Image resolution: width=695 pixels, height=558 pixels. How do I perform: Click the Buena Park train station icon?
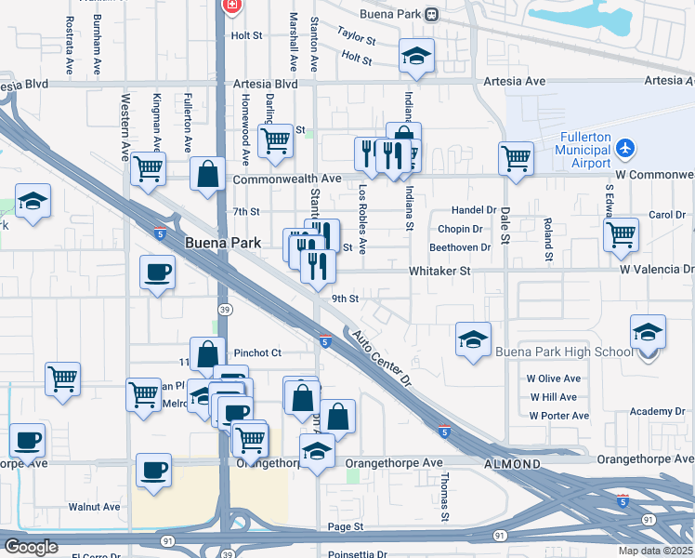click(x=431, y=14)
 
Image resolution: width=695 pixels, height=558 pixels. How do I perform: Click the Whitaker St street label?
click(x=441, y=271)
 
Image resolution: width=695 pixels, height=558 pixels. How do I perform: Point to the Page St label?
click(x=344, y=526)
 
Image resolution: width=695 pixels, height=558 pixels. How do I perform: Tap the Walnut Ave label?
click(x=94, y=507)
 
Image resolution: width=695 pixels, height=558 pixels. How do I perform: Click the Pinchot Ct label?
click(x=257, y=353)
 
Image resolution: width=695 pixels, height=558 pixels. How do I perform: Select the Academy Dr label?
click(x=656, y=411)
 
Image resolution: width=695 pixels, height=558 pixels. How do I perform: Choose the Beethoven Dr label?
click(x=460, y=247)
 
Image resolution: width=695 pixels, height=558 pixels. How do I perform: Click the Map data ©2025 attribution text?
click(x=655, y=551)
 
